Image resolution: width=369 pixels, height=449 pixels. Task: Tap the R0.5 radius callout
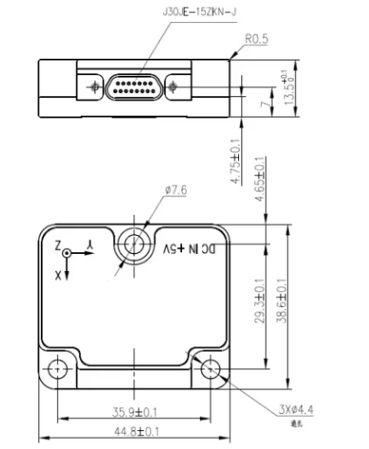pos(258,39)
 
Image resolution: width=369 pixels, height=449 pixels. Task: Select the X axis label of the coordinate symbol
pos(57,274)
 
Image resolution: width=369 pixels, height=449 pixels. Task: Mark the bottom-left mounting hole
pos(58,369)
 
